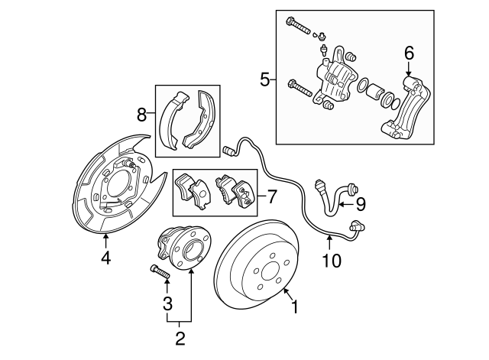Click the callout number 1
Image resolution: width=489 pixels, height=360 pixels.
coord(294,309)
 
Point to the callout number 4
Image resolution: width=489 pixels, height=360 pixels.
coord(106,258)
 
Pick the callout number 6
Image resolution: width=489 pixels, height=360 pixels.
coord(409,53)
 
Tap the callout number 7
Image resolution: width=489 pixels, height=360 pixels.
coord(271,196)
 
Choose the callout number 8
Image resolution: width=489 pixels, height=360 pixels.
coord(142,116)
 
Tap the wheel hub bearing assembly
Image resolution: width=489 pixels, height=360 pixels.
coord(183,248)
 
